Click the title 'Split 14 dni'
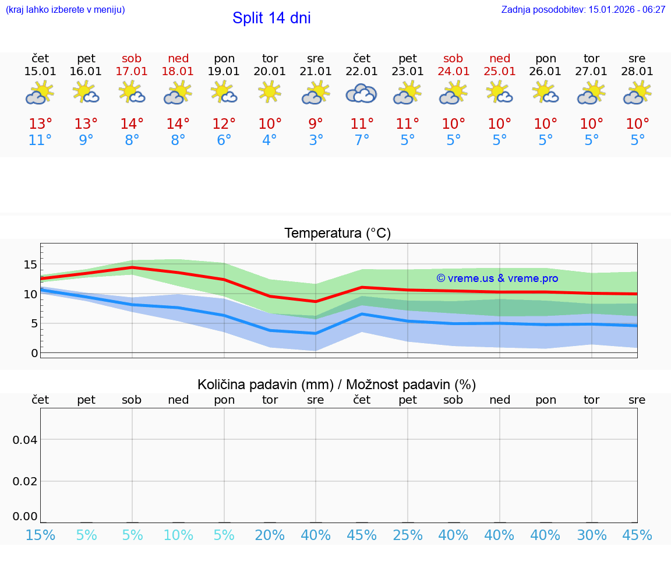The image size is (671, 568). pos(271,18)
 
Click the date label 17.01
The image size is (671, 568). pos(132,72)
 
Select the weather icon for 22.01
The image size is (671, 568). pos(362,93)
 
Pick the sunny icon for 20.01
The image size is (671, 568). pos(270,92)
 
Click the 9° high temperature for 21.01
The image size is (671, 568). pos(316,124)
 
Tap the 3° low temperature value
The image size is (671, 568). pos(316,140)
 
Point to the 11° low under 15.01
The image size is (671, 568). pos(40,140)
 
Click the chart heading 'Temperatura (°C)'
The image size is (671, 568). pos(337,233)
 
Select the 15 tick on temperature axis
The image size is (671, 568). pos(30,265)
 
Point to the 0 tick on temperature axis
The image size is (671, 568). pos(34,353)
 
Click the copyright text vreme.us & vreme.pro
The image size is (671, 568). pos(497,278)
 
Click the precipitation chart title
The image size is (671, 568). pos(337,384)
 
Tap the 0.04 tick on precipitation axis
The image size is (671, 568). pos(25,440)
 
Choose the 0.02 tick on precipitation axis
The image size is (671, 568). pos(25,481)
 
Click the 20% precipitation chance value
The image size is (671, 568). pos(270,535)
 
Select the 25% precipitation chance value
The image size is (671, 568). pos(408,535)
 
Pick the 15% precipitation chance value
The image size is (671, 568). pos(40,535)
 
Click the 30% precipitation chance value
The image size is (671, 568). pos(592,535)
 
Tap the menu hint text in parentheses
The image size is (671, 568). pos(65,9)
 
